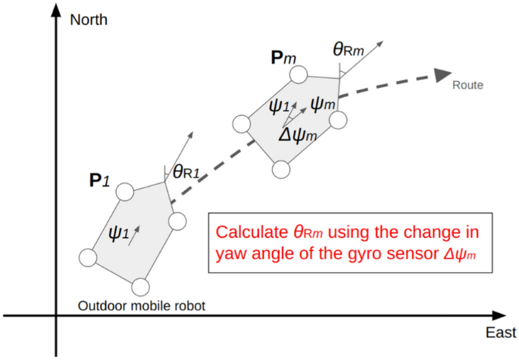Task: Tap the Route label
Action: (467, 86)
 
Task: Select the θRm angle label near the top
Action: (349, 49)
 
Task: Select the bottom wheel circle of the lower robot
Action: (139, 288)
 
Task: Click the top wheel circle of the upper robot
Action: (298, 74)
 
